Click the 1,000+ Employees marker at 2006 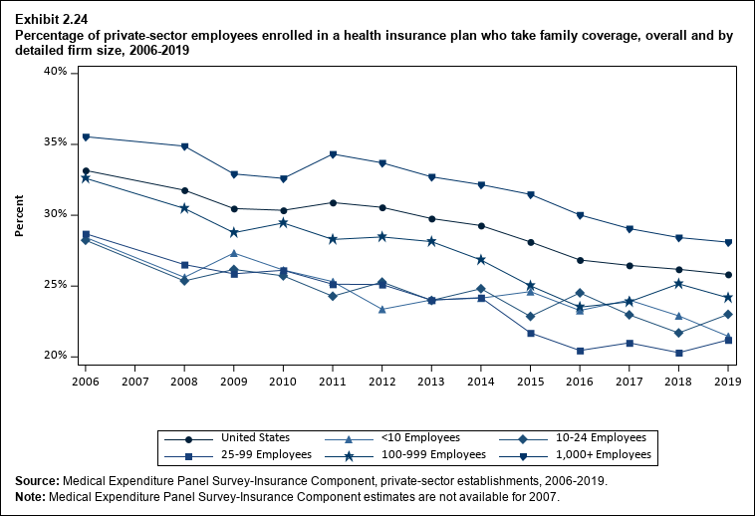click(86, 136)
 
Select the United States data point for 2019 click(728, 275)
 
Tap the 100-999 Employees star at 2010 click(283, 222)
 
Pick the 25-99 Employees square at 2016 click(580, 351)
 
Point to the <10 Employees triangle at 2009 click(233, 253)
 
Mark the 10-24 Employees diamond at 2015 click(531, 317)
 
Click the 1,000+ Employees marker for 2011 click(333, 154)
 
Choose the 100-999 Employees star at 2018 click(678, 284)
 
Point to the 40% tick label click(55, 72)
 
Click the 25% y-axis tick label click(55, 285)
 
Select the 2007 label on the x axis click(134, 382)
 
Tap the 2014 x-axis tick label click(481, 382)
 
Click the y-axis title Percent click(20, 214)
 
